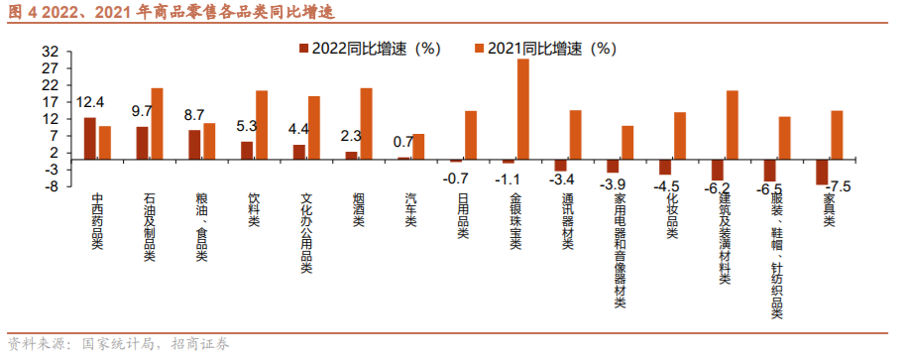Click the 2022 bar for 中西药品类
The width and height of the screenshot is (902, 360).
click(x=90, y=138)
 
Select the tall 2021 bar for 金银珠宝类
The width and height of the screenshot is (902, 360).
click(x=522, y=109)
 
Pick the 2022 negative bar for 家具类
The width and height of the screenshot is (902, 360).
click(x=822, y=172)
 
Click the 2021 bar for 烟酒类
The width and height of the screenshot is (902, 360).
click(x=366, y=123)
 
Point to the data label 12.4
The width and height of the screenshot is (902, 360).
click(x=91, y=102)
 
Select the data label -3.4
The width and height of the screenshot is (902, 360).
click(x=562, y=180)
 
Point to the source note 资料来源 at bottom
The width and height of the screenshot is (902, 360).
click(x=118, y=345)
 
